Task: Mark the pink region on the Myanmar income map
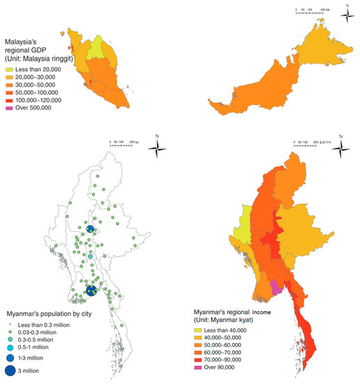[x=278, y=286]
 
